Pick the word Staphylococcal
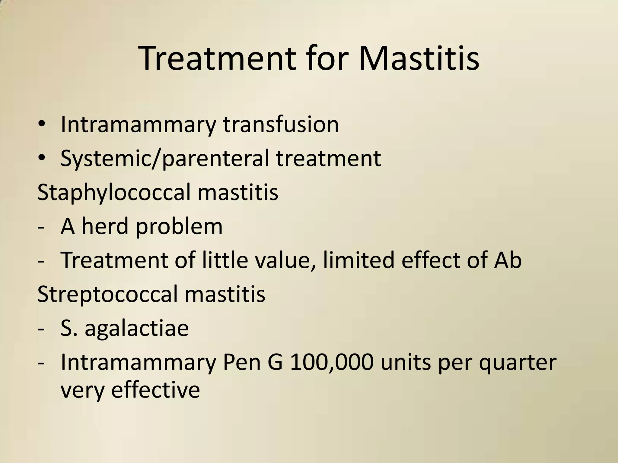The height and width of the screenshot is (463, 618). pyautogui.click(x=114, y=193)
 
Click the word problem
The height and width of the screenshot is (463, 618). pyautogui.click(x=179, y=227)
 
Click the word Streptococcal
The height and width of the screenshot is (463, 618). pyautogui.click(x=107, y=294)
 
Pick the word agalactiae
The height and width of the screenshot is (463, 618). pyautogui.click(x=136, y=328)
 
